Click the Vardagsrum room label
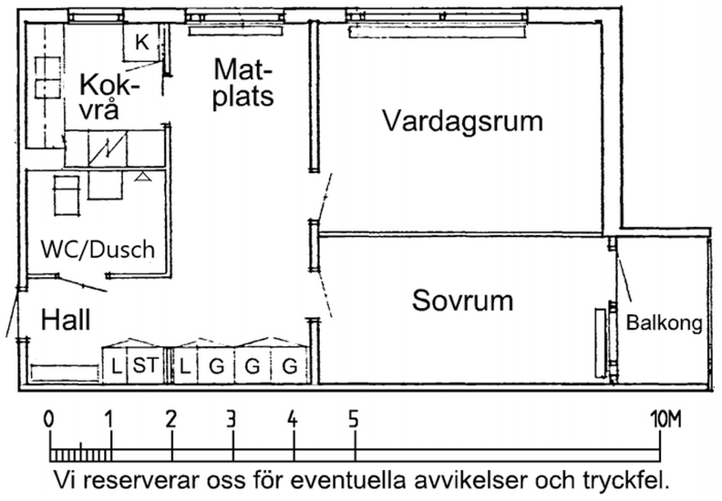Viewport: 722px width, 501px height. coord(463,122)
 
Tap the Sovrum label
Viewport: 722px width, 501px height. coord(462,301)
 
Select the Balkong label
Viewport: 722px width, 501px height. coord(664,323)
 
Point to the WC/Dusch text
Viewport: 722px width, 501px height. coord(98,250)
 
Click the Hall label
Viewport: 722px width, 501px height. coord(66,320)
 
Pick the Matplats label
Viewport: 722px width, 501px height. coord(242,83)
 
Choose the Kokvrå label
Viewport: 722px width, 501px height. coord(109,97)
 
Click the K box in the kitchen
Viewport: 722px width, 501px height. coord(142,42)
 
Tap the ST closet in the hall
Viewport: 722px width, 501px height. coord(146,366)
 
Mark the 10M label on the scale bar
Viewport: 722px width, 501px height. coord(665,420)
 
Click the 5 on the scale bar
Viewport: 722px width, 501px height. coord(353,420)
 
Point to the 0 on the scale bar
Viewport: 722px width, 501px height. coord(48,420)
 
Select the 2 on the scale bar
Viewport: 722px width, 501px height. coord(170,420)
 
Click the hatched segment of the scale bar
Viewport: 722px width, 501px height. coord(80,455)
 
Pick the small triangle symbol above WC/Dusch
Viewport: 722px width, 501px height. coord(143,176)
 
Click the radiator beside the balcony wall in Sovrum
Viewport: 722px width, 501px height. coord(600,343)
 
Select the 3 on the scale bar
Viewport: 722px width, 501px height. coord(232,420)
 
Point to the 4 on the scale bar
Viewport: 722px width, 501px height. coord(293,420)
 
